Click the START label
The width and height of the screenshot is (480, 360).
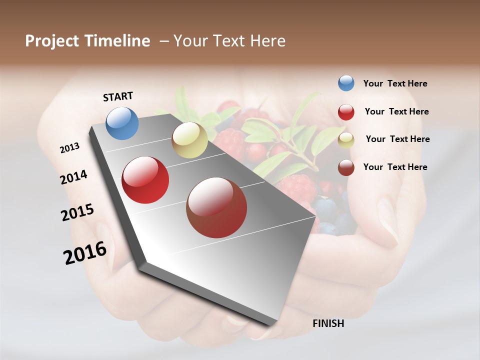[118, 96]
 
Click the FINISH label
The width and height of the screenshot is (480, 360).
[328, 323]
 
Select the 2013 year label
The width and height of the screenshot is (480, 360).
[69, 148]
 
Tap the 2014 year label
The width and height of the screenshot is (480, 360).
[73, 177]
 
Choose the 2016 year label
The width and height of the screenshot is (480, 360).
[85, 253]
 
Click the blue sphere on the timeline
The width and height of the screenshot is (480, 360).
[122, 123]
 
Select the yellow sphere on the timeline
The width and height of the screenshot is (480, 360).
[189, 140]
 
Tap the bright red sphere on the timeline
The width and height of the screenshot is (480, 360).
[145, 180]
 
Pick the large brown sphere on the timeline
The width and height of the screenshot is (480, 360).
[216, 208]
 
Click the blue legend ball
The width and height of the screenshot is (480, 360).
[346, 83]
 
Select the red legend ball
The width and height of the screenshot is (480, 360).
[346, 112]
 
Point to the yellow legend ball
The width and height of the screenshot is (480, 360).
[346, 140]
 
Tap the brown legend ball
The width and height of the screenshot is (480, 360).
[346, 167]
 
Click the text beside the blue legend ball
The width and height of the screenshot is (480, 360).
[395, 84]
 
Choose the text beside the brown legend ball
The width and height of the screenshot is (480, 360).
[395, 167]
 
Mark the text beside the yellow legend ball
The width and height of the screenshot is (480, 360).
[397, 139]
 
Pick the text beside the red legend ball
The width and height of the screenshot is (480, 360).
[396, 111]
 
